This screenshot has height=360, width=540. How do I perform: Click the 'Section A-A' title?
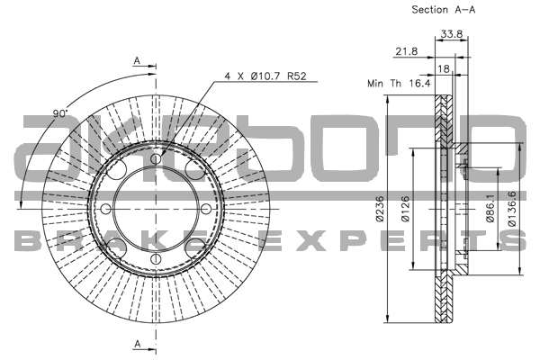click(443, 11)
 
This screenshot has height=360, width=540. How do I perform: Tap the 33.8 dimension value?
click(451, 36)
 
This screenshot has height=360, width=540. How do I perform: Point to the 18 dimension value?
click(443, 67)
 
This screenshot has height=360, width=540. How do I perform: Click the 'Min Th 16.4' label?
click(399, 83)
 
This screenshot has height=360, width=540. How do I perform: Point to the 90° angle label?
click(60, 114)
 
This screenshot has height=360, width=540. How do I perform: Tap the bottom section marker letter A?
click(137, 344)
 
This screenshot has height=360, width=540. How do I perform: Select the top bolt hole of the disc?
click(156, 159)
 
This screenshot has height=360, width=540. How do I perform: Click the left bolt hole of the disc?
click(105, 211)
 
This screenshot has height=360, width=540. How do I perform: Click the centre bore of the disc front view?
click(156, 211)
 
